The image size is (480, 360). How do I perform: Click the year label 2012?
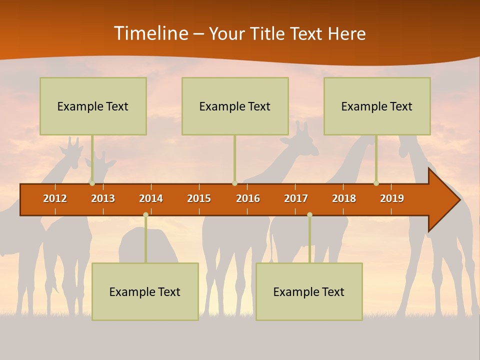coord(55,198)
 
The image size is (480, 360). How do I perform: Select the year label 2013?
coord(103,198)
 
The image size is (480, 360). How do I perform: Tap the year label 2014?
coord(151,198)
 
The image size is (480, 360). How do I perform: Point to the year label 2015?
coord(199,198)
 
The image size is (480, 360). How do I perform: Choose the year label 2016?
coord(248,198)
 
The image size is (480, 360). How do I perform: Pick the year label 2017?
coord(296,198)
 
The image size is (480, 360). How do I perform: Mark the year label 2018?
coord(344,198)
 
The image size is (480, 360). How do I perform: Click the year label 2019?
coord(392,198)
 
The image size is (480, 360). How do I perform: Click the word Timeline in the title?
coord(150,33)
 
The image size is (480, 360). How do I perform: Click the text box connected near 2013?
coord(93,106)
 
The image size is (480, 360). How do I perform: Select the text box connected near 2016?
coord(235,106)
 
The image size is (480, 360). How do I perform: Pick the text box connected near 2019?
coord(377,106)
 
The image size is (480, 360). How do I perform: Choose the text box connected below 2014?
coord(145,291)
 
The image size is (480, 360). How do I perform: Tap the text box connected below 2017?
coord(309,291)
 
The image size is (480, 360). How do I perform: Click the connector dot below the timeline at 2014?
coord(145,215)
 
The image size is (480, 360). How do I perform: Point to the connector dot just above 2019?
coord(376,183)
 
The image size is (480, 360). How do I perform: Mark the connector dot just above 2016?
coord(234,183)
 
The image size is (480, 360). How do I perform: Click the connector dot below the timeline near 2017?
coord(309,215)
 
